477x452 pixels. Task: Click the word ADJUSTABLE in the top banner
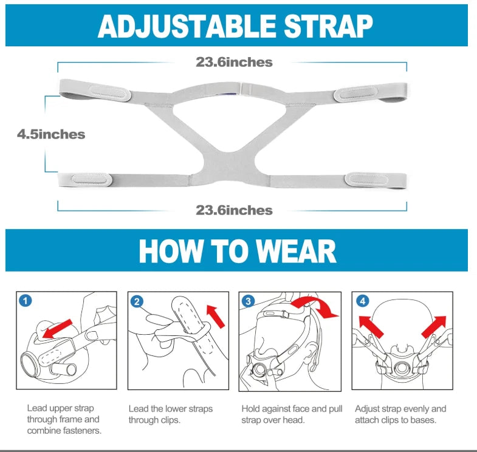click(x=187, y=26)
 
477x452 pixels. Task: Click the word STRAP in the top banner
click(x=328, y=26)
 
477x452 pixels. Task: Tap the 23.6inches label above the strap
click(x=234, y=63)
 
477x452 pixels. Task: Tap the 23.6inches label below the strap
click(x=234, y=210)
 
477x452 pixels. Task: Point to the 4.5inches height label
click(x=51, y=134)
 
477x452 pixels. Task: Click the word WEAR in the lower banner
click(x=296, y=252)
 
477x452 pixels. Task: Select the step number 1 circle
click(x=26, y=301)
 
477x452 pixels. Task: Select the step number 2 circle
click(x=137, y=301)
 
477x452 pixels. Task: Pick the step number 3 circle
click(x=249, y=301)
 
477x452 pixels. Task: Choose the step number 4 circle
click(x=362, y=301)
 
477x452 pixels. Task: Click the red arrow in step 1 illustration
click(x=57, y=329)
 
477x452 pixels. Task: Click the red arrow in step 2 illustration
click(x=215, y=317)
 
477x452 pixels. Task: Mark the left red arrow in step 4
click(x=371, y=326)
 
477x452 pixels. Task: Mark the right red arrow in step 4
click(x=434, y=327)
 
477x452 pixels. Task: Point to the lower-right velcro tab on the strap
click(x=366, y=179)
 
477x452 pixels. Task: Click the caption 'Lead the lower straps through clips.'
click(x=170, y=414)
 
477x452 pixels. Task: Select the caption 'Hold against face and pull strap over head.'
click(x=292, y=414)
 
